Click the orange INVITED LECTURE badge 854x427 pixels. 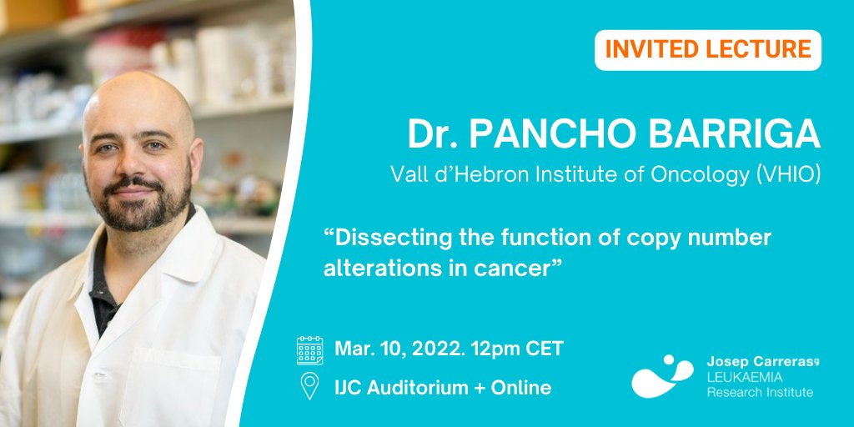pos(708,49)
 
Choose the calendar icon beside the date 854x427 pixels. pos(310,349)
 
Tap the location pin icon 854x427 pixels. pos(310,386)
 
